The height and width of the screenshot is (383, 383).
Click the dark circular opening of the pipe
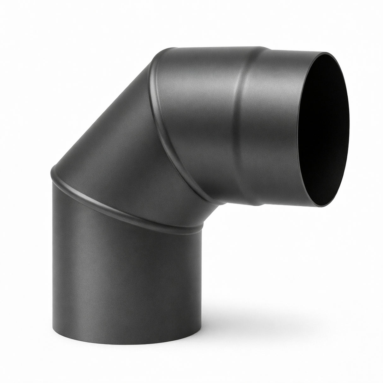(319, 126)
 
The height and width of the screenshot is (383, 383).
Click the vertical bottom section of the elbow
(126, 278)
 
